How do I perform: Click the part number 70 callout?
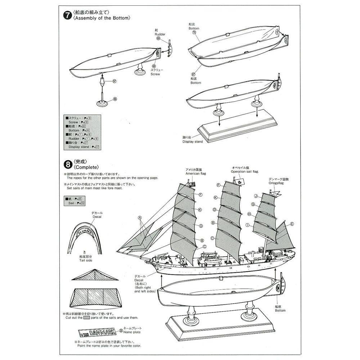click(194, 32)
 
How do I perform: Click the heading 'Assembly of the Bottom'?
click(101, 18)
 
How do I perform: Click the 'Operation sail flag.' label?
click(245, 172)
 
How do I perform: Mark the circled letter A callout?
click(140, 217)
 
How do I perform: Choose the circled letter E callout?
click(292, 224)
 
